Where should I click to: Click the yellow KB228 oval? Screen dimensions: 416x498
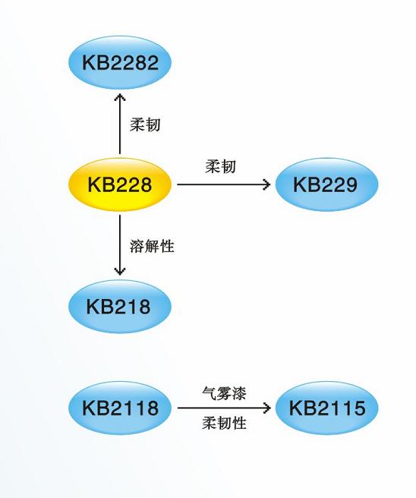click(120, 184)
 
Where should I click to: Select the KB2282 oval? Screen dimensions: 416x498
click(120, 62)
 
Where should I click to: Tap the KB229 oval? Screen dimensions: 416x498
click(326, 184)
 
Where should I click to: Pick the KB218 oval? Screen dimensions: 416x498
click(120, 306)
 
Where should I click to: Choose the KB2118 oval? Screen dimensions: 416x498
click(120, 408)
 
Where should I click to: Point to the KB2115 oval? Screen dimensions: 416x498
click(326, 408)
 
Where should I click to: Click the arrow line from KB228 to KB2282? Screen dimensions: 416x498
click(120, 124)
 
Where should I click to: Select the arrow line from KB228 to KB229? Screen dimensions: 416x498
click(223, 184)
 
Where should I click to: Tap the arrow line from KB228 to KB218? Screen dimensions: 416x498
click(120, 245)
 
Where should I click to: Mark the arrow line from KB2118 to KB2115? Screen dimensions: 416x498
click(224, 408)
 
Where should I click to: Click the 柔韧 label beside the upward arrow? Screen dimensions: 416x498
click(145, 124)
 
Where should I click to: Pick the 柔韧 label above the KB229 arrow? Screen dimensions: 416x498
click(220, 166)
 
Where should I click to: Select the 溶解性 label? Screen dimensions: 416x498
click(152, 246)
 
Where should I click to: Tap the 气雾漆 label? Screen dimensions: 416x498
click(224, 393)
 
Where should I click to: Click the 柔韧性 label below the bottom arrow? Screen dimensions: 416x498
click(224, 423)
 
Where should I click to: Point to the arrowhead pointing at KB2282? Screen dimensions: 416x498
click(120, 96)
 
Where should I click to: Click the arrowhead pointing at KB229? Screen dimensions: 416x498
click(266, 184)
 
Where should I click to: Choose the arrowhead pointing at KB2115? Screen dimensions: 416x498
click(267, 408)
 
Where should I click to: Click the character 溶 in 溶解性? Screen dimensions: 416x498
click(137, 246)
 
